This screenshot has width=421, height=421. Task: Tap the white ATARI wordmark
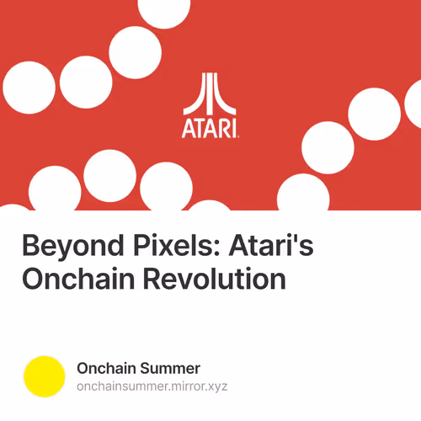pos(209,129)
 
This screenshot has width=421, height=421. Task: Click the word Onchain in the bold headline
pos(72,278)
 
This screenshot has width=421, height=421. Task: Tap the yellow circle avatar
pos(45,376)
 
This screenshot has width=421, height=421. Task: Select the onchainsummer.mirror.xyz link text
pos(152,386)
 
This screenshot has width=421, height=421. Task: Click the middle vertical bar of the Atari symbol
pos(210,93)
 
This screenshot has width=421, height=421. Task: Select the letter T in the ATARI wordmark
pos(201,129)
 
